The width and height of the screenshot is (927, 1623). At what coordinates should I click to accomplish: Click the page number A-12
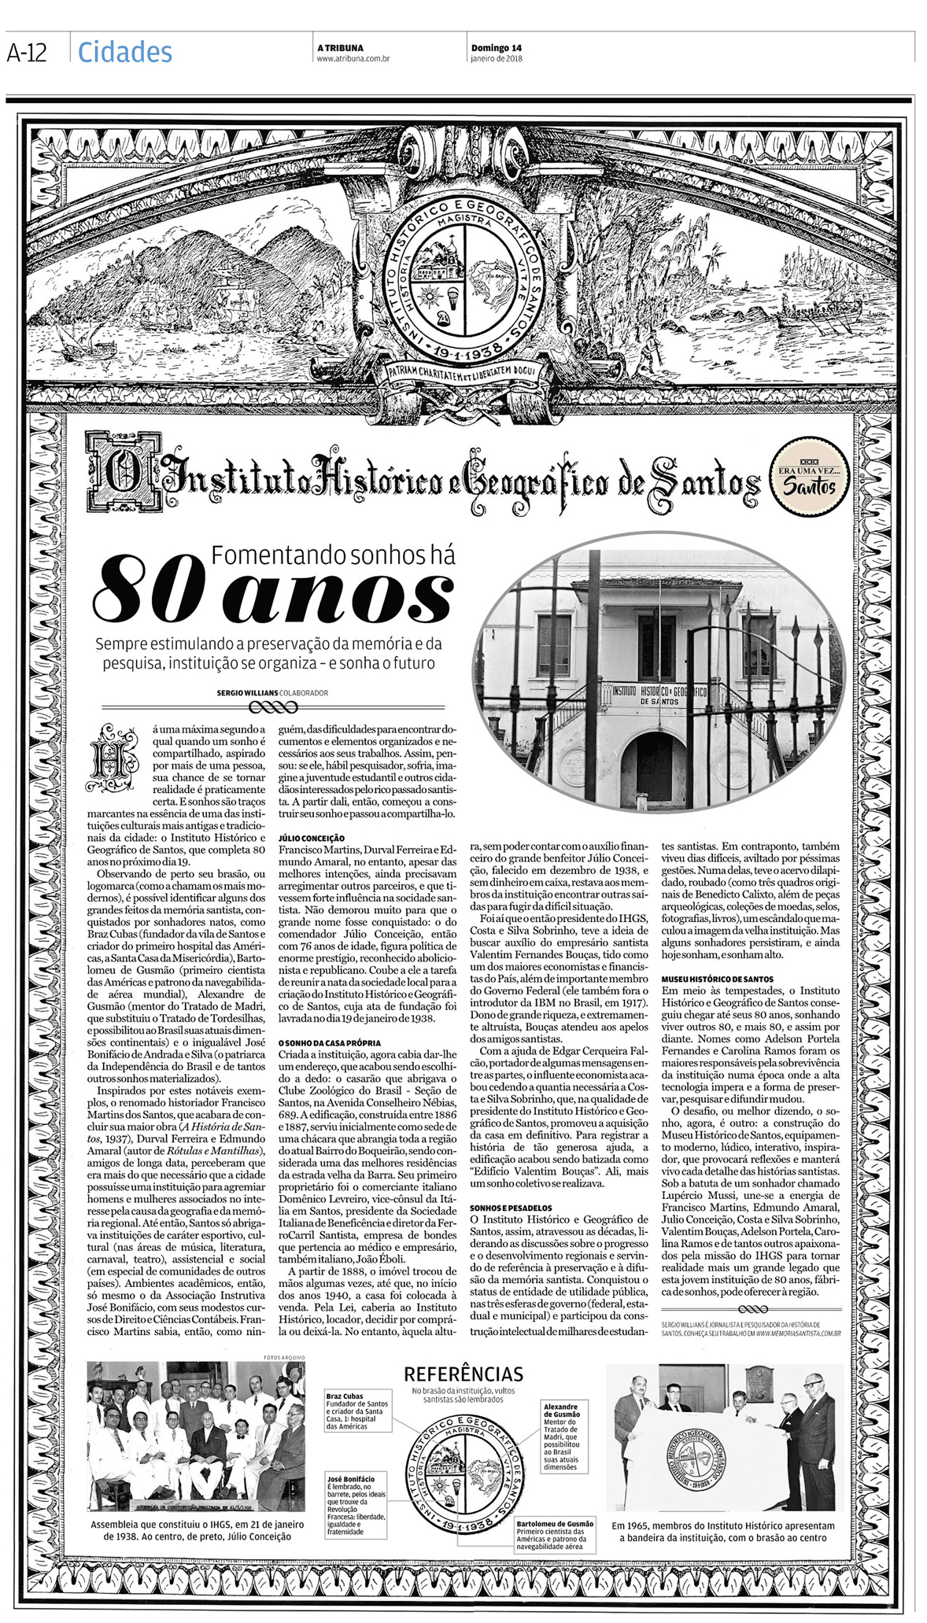pyautogui.click(x=28, y=53)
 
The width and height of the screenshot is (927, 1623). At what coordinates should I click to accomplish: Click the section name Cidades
pyautogui.click(x=124, y=52)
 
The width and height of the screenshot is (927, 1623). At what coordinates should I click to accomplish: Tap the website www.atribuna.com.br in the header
pyautogui.click(x=353, y=58)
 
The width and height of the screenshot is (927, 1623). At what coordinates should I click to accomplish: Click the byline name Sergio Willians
pyautogui.click(x=247, y=693)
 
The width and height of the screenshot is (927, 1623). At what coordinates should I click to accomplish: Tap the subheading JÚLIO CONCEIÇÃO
pyautogui.click(x=312, y=838)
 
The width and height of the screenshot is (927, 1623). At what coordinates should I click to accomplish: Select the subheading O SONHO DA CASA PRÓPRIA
pyautogui.click(x=330, y=1042)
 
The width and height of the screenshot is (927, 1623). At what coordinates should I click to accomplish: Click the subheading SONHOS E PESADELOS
pyautogui.click(x=510, y=1208)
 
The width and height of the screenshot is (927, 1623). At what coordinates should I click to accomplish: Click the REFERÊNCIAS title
pyautogui.click(x=463, y=1374)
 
